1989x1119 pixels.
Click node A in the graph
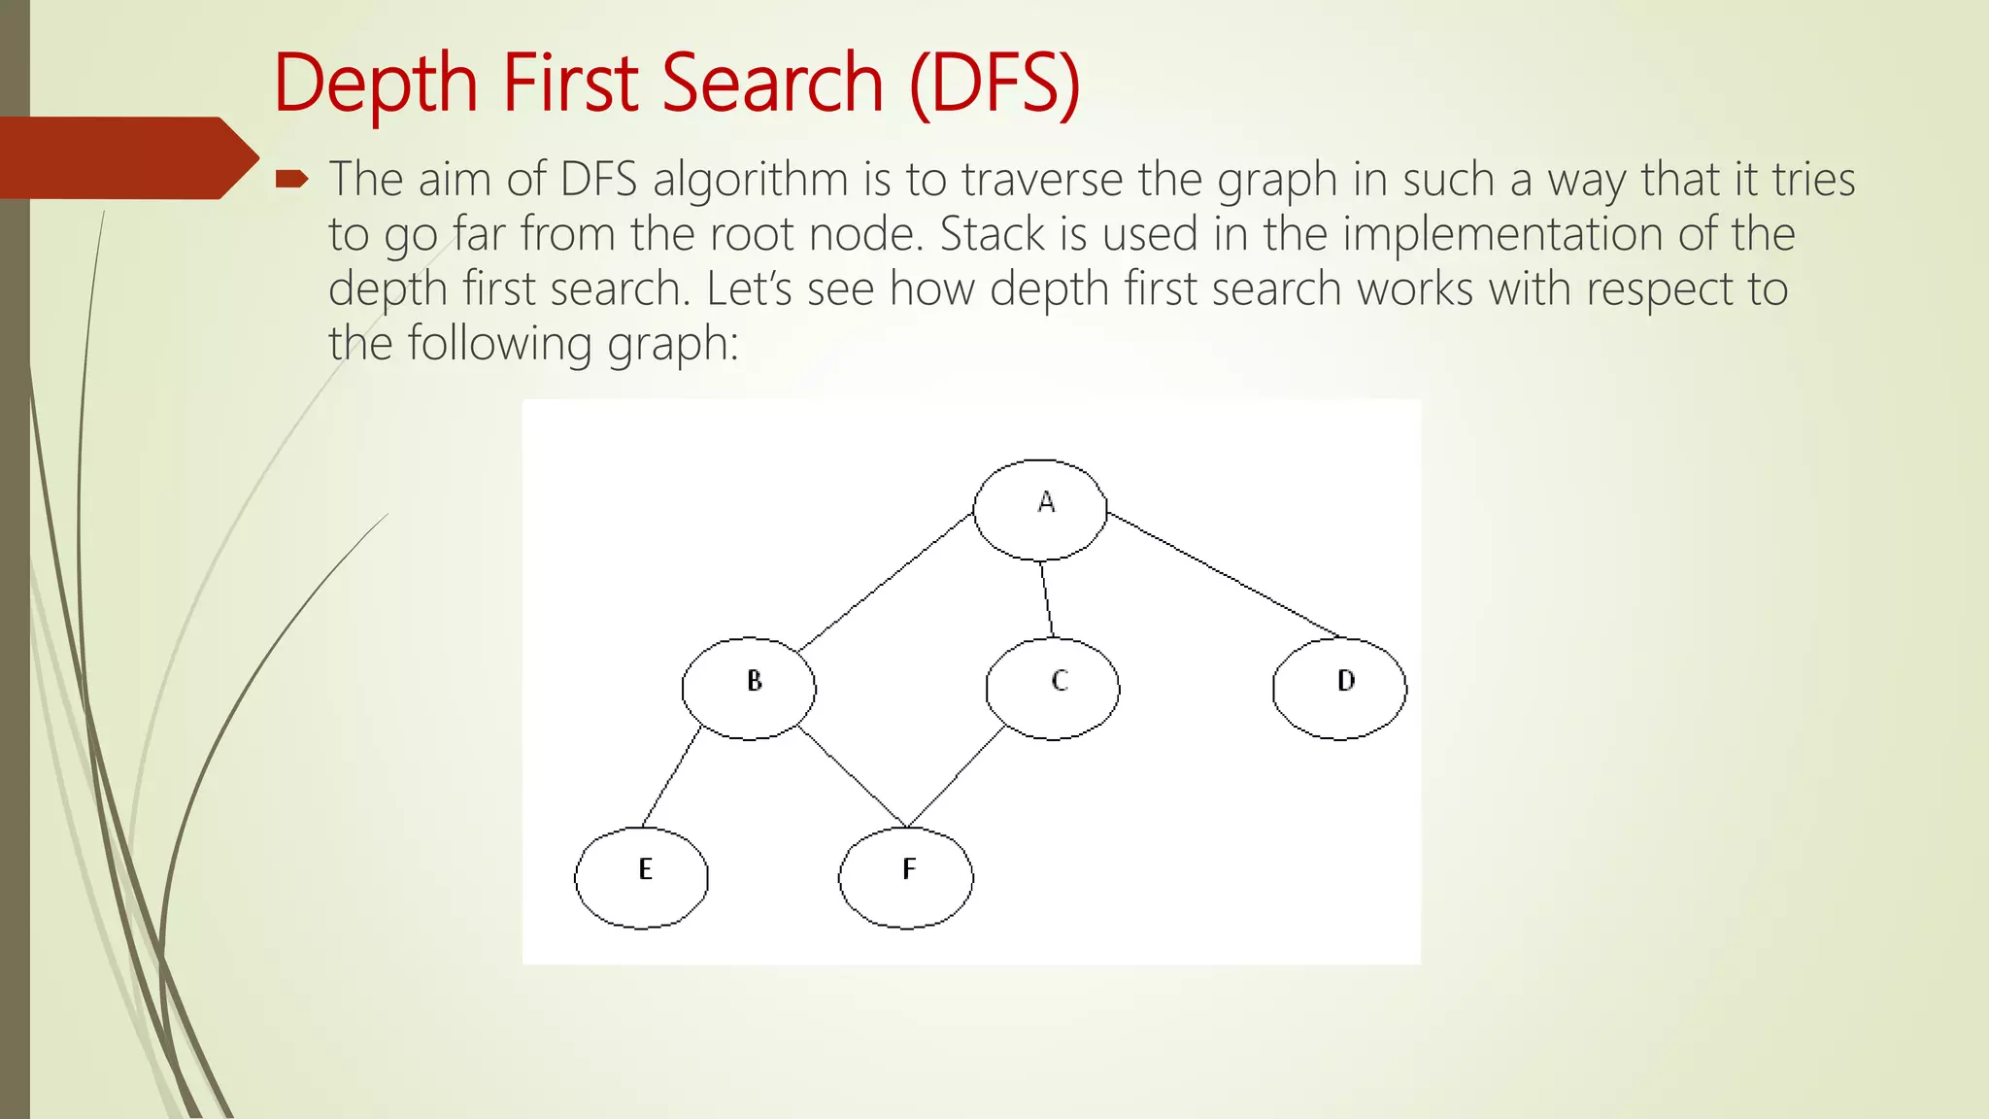(1040, 510)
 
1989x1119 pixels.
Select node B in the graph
(749, 689)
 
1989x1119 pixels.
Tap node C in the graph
(1053, 689)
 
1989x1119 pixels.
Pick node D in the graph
(1339, 689)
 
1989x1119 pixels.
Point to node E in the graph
(641, 877)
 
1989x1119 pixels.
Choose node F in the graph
(905, 877)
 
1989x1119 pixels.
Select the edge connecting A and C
(1046, 599)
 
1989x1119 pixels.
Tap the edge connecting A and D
(1224, 575)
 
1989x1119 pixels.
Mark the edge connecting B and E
(671, 776)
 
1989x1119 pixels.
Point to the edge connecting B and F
(852, 776)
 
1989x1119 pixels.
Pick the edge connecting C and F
(956, 777)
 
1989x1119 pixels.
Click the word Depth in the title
(376, 85)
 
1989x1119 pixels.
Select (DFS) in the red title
(994, 85)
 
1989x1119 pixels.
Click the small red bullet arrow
(291, 179)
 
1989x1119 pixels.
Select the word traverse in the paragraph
(1045, 180)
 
